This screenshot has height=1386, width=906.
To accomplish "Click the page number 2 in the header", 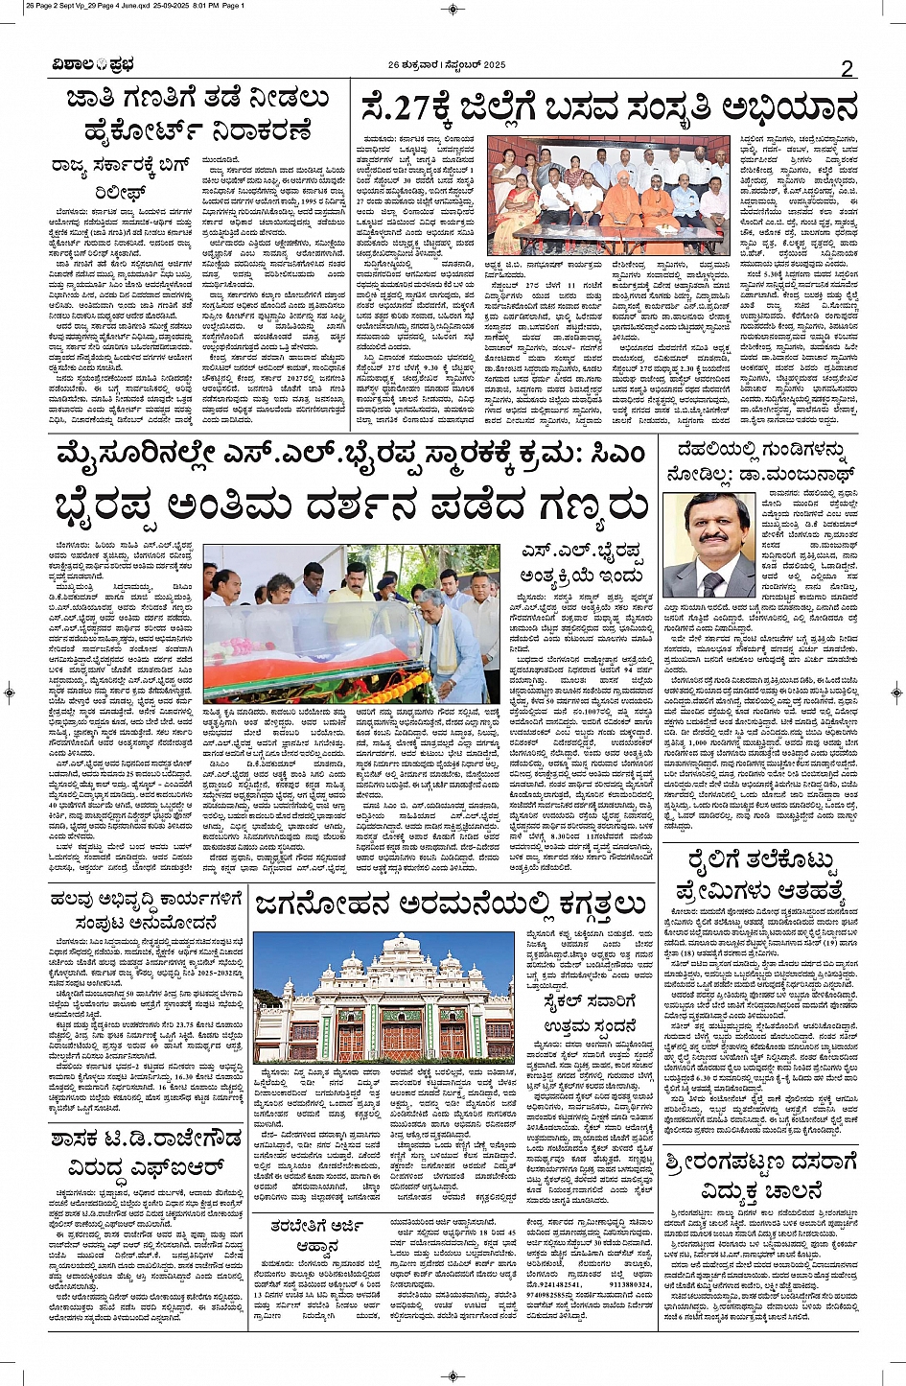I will (x=847, y=68).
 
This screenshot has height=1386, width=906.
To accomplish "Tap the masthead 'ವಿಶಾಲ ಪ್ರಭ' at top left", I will (x=93, y=65).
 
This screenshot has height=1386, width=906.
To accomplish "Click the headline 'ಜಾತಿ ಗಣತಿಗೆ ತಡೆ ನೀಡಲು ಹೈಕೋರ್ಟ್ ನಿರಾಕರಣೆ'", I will (x=197, y=114).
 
